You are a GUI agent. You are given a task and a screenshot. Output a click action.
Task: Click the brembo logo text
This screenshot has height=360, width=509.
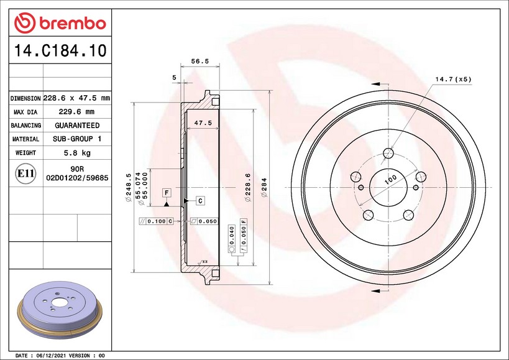(73, 24)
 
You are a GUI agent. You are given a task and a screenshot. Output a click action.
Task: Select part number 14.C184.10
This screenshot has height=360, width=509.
(60, 50)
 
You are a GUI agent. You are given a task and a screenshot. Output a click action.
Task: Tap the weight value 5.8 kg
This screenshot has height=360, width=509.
(77, 153)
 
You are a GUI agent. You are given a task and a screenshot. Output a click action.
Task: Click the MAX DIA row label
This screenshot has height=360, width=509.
(25, 113)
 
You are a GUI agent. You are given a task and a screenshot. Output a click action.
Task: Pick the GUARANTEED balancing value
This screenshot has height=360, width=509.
(77, 126)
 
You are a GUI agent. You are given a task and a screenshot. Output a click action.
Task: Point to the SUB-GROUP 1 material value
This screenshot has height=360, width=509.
(77, 139)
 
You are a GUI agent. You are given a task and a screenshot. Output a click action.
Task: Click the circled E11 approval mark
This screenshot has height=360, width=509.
(25, 173)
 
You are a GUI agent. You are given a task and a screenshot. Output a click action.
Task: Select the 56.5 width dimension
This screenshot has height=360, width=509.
(200, 61)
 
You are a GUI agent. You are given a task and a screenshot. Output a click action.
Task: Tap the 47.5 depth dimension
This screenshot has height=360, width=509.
(203, 122)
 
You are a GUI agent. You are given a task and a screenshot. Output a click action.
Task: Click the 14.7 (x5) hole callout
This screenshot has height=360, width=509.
(453, 79)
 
